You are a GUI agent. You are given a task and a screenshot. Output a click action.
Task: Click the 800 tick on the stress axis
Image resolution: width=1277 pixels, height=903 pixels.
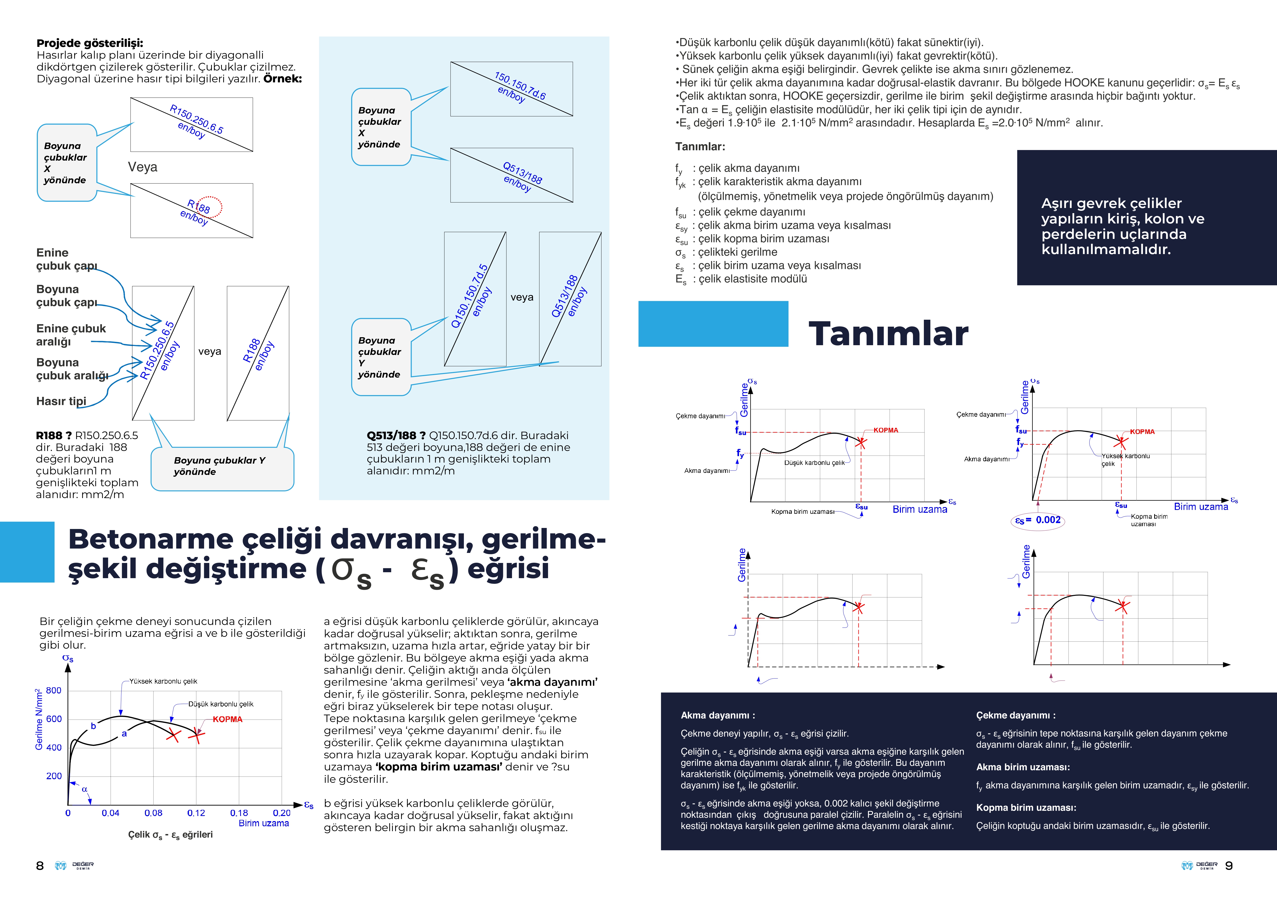point(53,691)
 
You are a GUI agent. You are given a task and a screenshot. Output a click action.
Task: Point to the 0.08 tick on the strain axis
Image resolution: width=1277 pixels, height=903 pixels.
point(153,813)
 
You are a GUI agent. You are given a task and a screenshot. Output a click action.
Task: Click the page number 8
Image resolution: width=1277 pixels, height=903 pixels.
point(39,866)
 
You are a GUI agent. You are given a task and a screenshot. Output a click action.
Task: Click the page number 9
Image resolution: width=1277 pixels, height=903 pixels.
point(1229,866)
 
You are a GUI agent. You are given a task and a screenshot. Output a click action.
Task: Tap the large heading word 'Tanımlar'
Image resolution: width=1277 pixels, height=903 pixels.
point(888,334)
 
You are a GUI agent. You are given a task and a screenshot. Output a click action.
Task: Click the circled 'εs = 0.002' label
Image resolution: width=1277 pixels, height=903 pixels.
point(1038,520)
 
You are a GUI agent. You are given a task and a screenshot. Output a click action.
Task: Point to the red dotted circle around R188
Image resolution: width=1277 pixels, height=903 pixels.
point(210,207)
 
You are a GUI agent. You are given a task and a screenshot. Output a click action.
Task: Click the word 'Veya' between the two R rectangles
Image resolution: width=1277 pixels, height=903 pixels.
point(142,167)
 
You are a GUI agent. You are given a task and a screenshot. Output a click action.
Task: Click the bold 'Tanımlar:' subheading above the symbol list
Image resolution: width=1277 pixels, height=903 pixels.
point(700,147)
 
